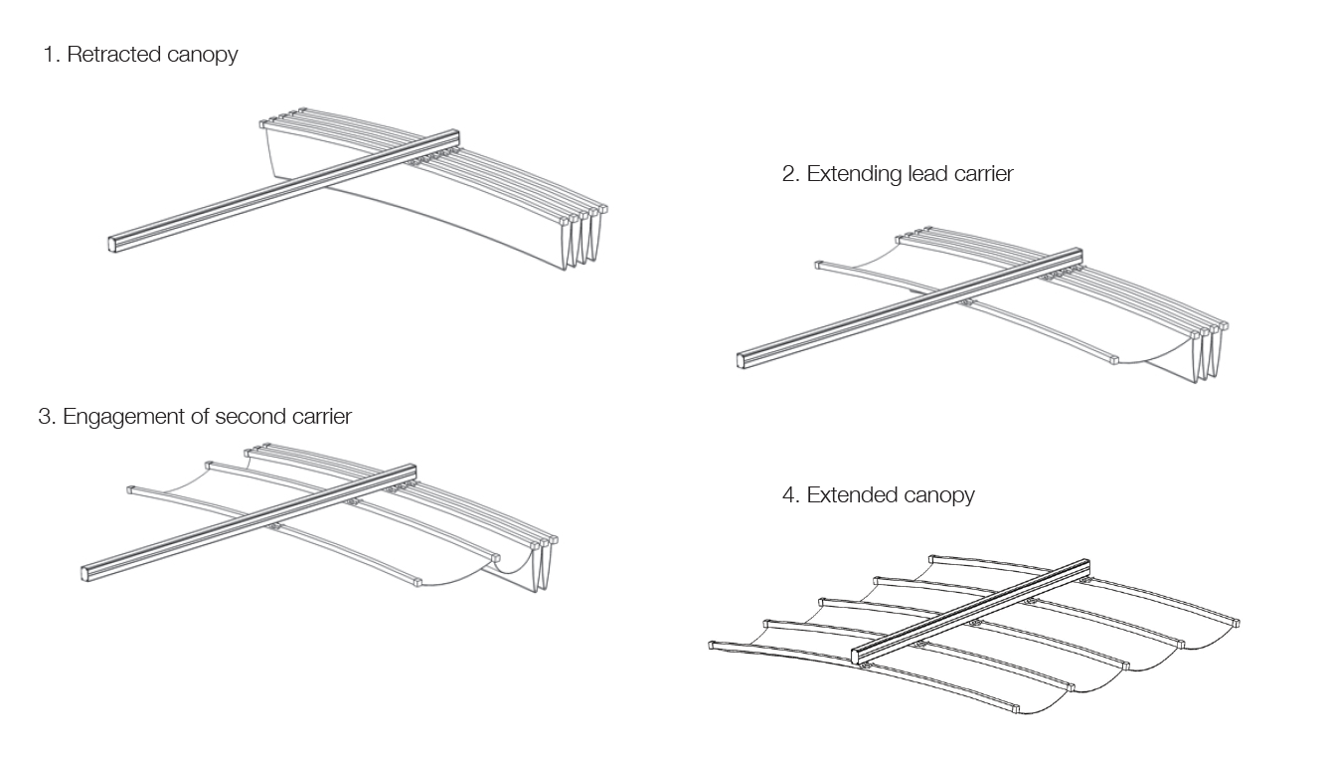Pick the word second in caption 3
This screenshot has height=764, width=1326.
click(245, 417)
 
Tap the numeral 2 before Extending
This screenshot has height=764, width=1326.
click(789, 174)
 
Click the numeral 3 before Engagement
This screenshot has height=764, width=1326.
click(45, 417)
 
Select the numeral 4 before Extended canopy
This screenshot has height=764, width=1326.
click(790, 495)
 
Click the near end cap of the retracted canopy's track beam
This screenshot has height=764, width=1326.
click(113, 243)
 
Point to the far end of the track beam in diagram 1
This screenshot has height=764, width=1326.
click(453, 135)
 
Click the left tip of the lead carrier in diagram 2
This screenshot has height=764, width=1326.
click(819, 266)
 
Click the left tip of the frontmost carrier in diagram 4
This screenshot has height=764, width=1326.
click(714, 646)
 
